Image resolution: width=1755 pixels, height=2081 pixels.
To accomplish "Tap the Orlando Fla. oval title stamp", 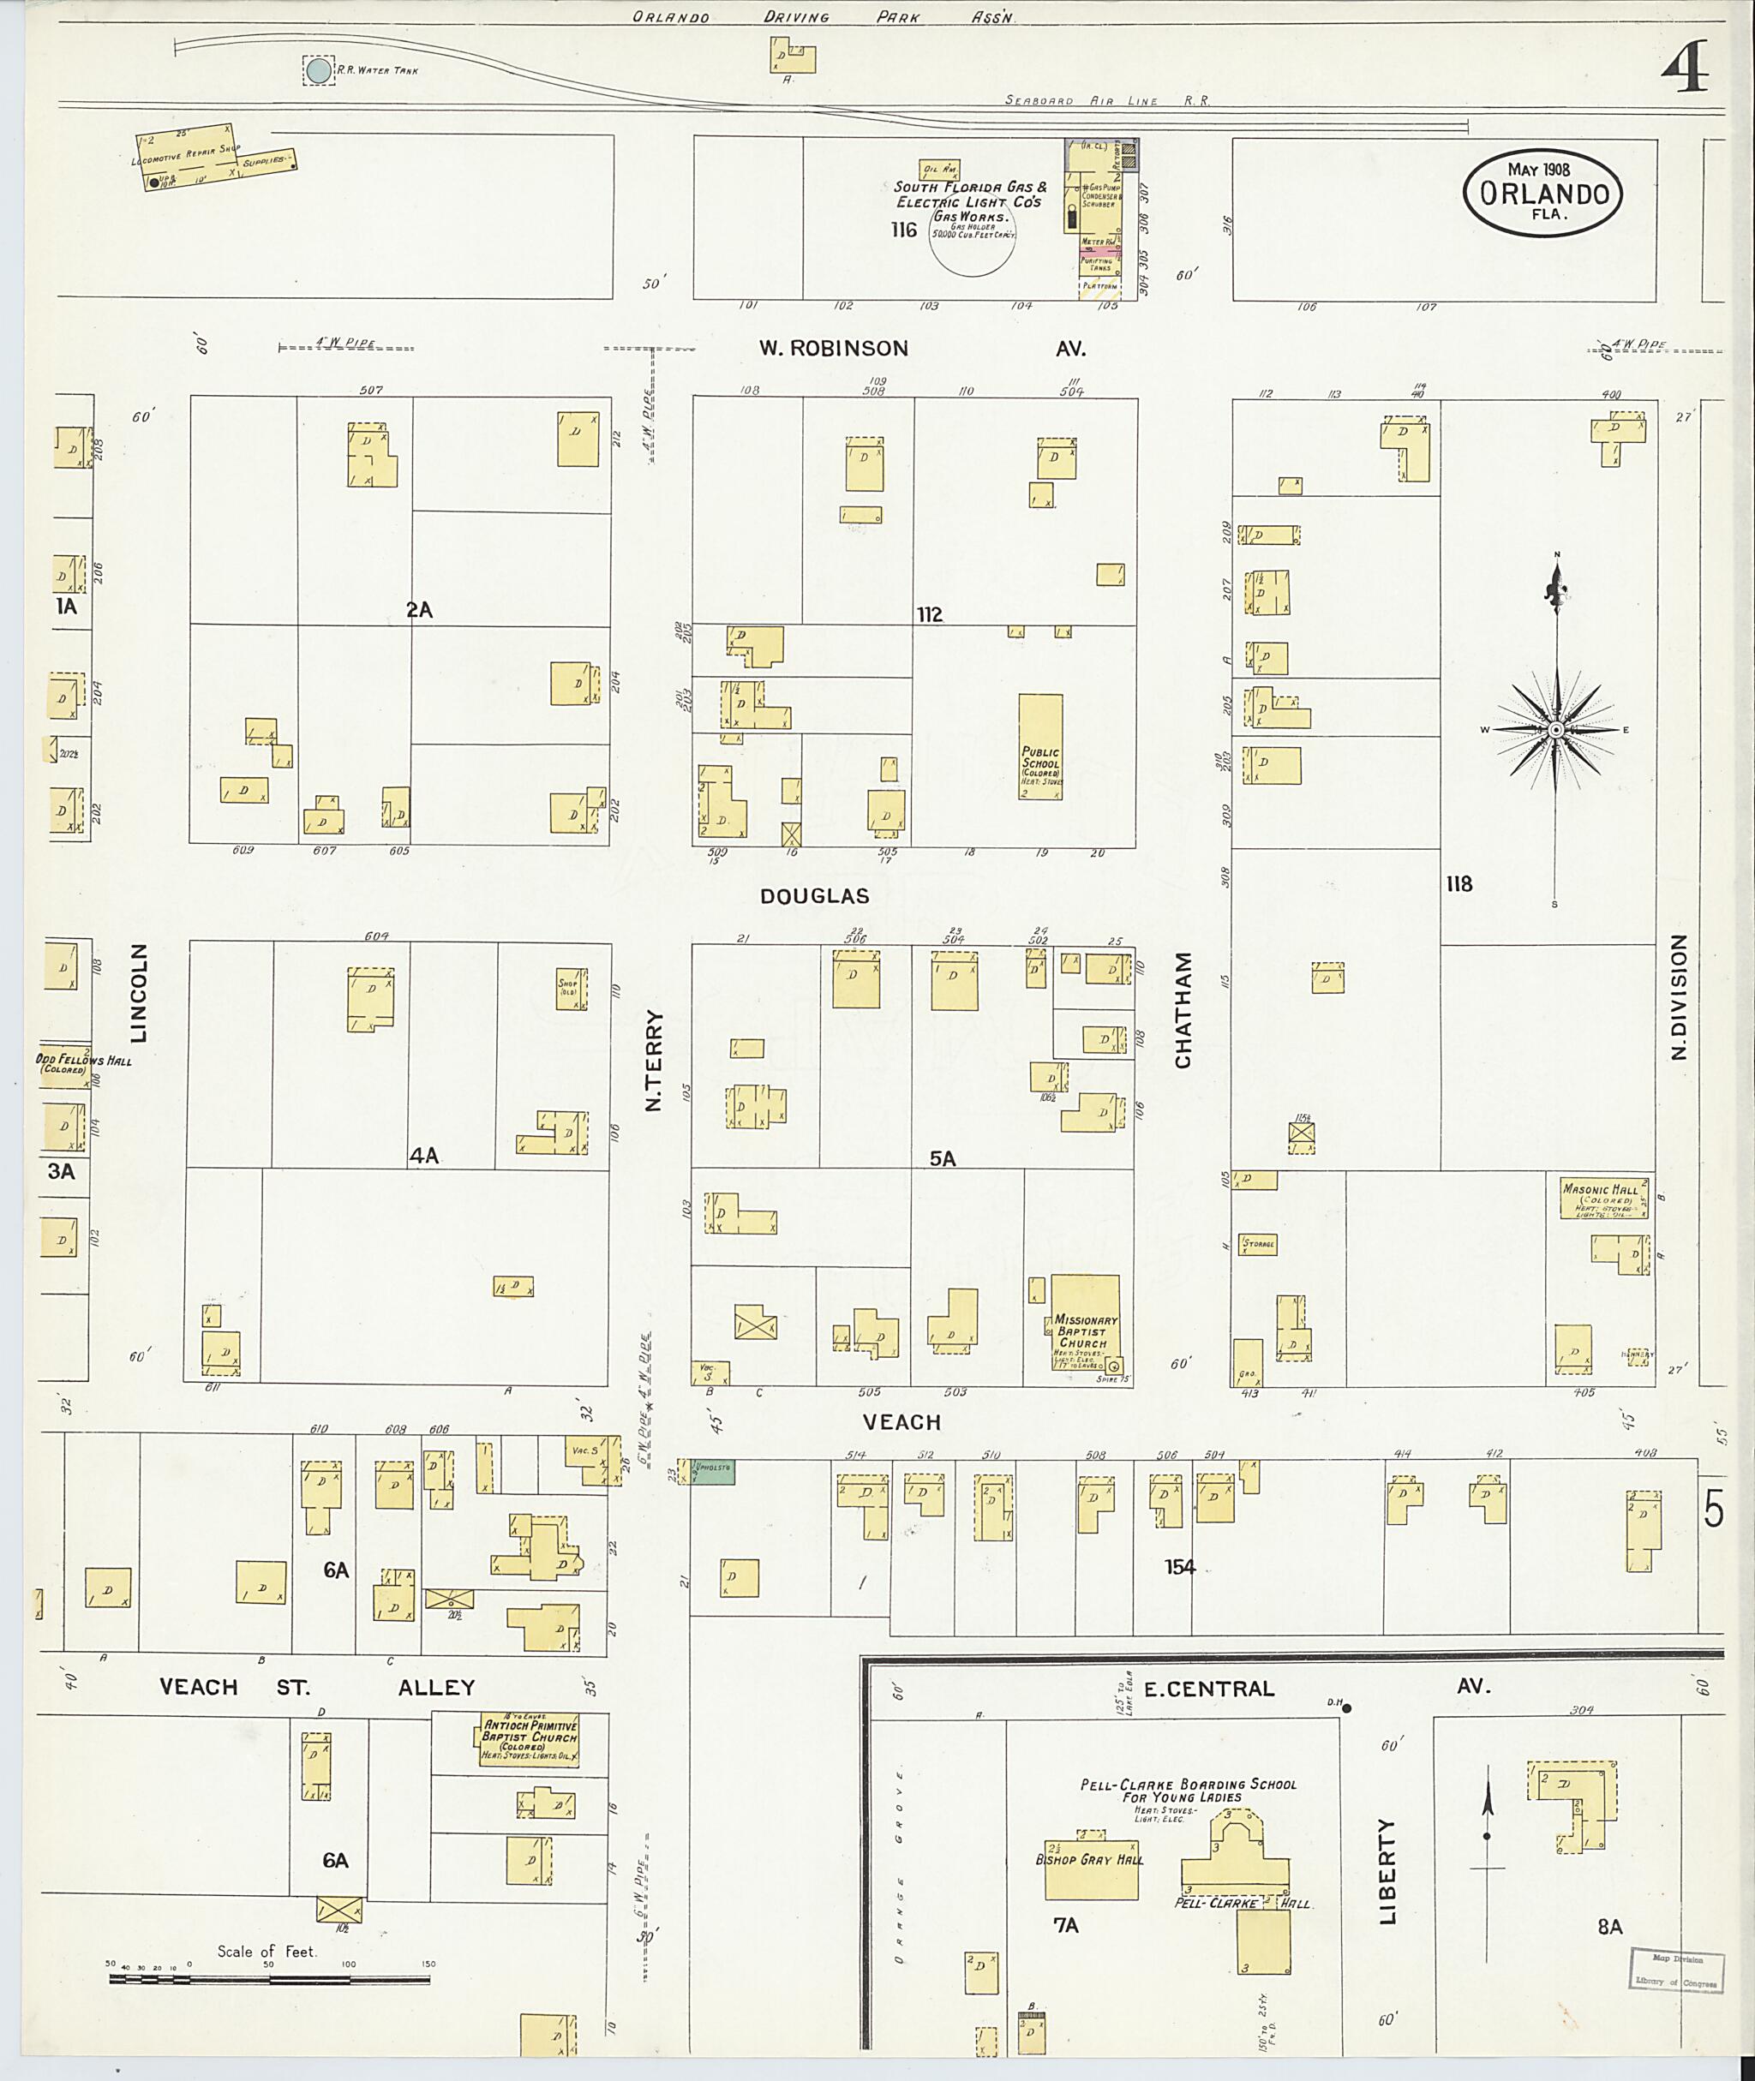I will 1543,193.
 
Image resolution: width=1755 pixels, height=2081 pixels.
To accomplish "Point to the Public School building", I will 1040,746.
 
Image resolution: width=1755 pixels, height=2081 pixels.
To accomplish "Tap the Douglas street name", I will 814,896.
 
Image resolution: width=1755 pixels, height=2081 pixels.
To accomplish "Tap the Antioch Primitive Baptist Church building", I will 530,1740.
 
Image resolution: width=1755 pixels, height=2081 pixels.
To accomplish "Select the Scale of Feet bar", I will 268,1978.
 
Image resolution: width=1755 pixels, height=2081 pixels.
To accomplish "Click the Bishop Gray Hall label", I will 1089,1859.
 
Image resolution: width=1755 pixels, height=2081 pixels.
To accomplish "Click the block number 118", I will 1459,883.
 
